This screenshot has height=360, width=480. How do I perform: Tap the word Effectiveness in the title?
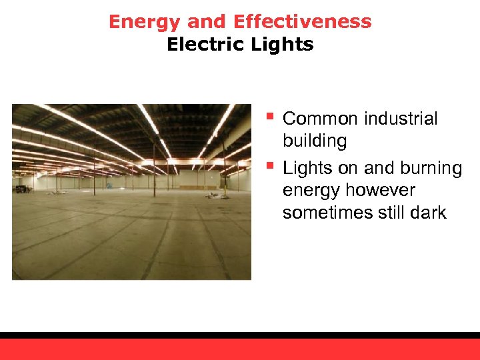pos(303,22)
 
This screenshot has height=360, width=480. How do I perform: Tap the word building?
pos(315,141)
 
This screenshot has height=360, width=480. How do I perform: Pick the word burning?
pos(431,168)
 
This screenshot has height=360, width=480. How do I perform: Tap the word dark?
pos(428,213)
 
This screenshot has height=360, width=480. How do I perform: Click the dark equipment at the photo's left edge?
pos(23,189)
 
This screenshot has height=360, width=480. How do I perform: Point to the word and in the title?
pos(208,22)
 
